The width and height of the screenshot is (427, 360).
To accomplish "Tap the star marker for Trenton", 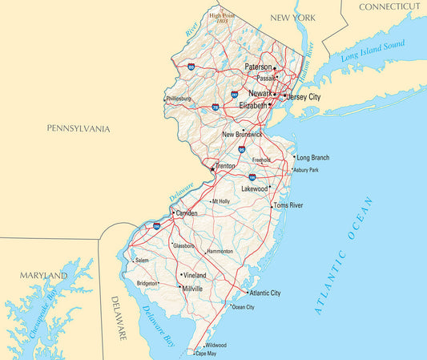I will (x=212, y=169).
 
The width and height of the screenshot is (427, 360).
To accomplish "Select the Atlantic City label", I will (x=264, y=293).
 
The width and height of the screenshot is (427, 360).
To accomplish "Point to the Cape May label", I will (x=206, y=354).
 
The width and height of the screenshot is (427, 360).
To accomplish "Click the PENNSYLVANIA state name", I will (x=79, y=128).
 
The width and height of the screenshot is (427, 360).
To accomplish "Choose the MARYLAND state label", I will (x=44, y=275).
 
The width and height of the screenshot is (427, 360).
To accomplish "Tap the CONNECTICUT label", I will (x=389, y=6).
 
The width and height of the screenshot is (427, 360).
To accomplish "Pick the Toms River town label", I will (x=288, y=206).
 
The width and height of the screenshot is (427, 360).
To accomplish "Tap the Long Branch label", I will (x=312, y=158).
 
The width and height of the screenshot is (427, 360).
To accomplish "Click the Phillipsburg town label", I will (x=179, y=99).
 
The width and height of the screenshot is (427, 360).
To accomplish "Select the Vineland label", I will (x=195, y=275).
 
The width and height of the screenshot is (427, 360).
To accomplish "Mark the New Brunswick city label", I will (x=242, y=134).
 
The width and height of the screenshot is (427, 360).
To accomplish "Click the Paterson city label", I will (x=258, y=67).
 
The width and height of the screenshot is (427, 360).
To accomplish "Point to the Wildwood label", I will (x=216, y=345).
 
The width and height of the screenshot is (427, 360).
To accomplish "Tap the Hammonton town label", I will (x=220, y=252).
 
